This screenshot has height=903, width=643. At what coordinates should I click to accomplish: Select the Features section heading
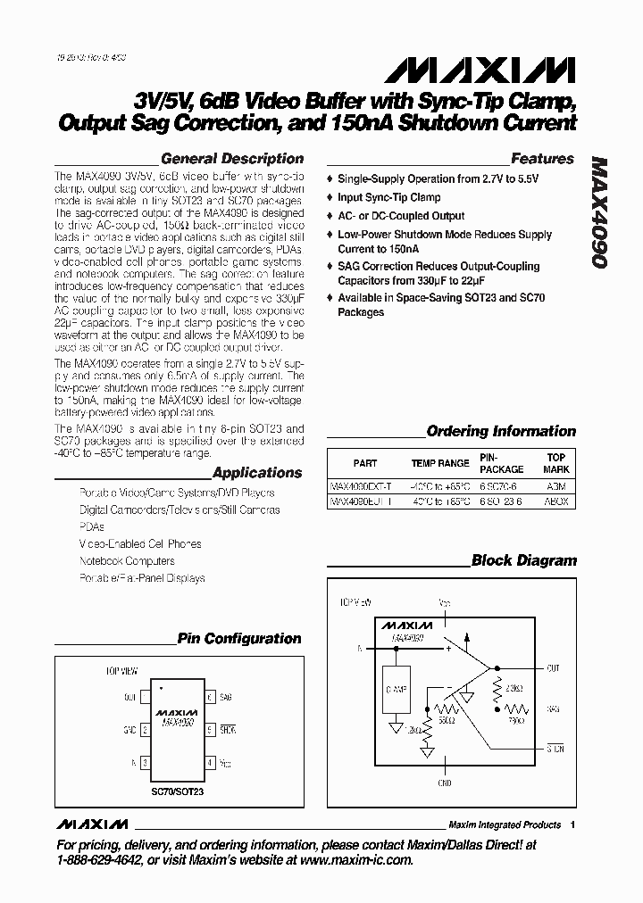pos(542,159)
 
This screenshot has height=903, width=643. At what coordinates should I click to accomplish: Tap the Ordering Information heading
pos(501,431)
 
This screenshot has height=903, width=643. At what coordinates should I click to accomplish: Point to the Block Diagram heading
pos(524,561)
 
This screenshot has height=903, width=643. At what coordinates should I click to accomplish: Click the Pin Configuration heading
pos(239,639)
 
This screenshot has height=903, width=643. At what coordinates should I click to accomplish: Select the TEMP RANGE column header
pos(439,463)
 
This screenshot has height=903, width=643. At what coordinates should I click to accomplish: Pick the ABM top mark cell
pos(556,488)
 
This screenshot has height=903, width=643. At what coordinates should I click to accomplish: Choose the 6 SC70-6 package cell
pos(502,488)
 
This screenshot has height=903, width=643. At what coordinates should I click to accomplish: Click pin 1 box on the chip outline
pos(144,697)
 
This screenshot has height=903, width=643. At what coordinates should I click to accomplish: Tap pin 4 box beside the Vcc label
pos(210,763)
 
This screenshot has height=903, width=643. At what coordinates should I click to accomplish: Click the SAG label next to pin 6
pos(226,697)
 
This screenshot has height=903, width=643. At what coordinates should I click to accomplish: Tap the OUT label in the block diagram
pos(554,667)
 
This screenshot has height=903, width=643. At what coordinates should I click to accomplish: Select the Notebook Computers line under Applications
pos(127,561)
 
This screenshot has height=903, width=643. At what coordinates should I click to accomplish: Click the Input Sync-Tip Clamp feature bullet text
pos(388,197)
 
